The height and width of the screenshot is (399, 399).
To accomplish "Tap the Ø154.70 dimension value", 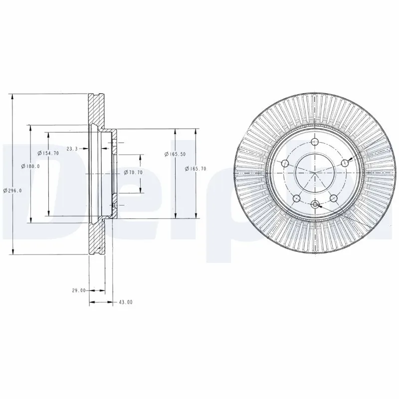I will click(50, 153).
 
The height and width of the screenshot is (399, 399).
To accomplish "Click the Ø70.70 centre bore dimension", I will click(133, 172).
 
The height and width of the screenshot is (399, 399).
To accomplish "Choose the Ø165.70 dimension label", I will click(196, 169).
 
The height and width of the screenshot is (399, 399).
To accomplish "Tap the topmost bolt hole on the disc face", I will click(315, 143).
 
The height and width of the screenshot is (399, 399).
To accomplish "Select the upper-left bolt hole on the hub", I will click(285, 163).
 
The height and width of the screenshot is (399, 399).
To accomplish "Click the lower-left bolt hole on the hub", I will click(296, 198).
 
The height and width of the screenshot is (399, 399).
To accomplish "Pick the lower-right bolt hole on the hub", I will click(333, 198).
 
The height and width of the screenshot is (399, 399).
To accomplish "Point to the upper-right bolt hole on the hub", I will click(344, 163).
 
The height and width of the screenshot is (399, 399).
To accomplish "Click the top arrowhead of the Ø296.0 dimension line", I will click(12, 96).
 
